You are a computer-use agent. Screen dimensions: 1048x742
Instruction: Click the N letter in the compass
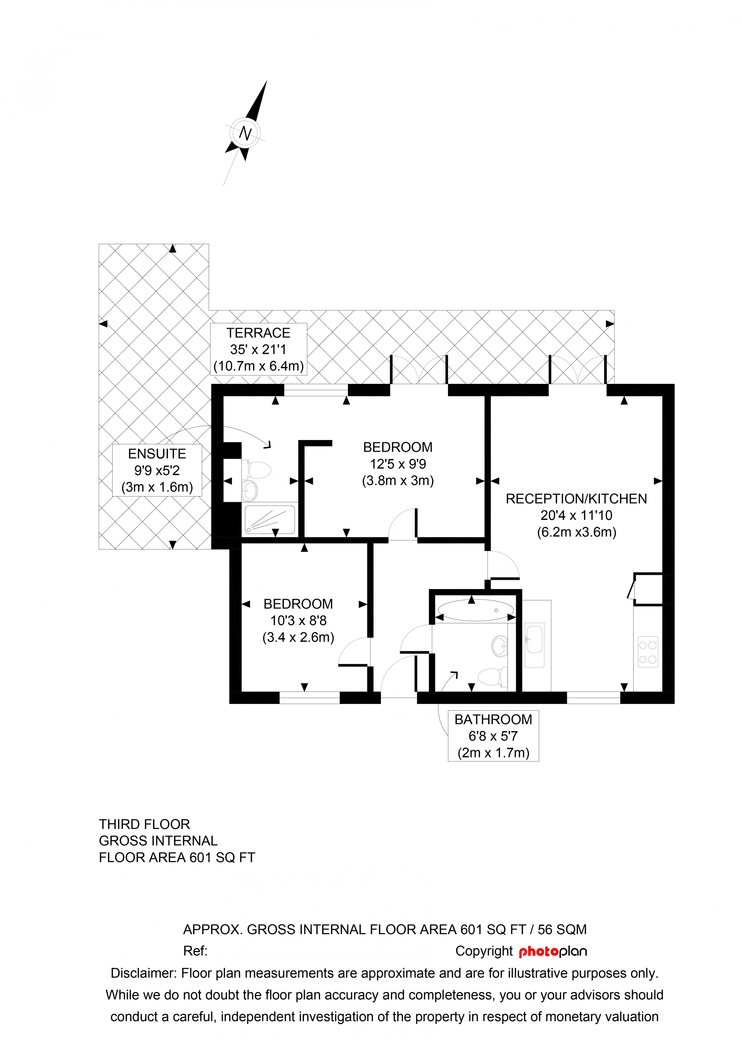point(245,133)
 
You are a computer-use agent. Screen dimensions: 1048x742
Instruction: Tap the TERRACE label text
point(258,333)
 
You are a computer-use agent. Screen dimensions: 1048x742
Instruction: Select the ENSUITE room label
point(157,454)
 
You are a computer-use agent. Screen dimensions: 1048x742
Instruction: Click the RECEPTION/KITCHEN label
point(576,499)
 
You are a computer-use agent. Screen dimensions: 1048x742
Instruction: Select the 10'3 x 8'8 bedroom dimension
point(298,620)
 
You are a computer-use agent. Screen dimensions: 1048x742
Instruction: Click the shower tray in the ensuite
point(270,519)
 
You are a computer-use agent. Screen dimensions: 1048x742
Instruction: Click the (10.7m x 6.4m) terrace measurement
point(258,366)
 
